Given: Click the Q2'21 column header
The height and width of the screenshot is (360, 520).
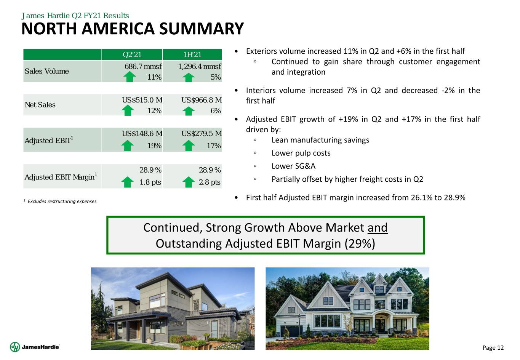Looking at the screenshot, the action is pyautogui.click(x=132, y=54).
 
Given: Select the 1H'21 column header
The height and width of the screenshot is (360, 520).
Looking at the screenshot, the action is pyautogui.click(x=192, y=54).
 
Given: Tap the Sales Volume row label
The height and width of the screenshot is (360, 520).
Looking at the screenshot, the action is pyautogui.click(x=46, y=71).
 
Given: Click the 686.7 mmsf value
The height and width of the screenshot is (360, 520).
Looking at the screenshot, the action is pyautogui.click(x=143, y=66).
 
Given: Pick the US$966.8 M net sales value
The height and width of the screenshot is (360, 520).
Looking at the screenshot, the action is pyautogui.click(x=202, y=100).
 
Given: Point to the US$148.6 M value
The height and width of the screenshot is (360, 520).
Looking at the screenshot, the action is pyautogui.click(x=142, y=133).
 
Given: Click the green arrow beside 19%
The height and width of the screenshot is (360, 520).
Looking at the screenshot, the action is pyautogui.click(x=128, y=146).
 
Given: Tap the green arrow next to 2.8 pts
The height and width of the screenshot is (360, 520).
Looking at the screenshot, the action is pyautogui.click(x=189, y=182).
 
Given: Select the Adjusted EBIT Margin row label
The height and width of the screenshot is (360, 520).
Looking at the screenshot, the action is pyautogui.click(x=61, y=176).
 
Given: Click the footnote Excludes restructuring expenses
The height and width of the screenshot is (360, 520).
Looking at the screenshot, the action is pyautogui.click(x=62, y=201).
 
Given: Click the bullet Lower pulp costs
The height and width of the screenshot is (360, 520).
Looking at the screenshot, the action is pyautogui.click(x=301, y=153).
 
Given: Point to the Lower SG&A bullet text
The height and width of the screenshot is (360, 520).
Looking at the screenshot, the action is pyautogui.click(x=293, y=166).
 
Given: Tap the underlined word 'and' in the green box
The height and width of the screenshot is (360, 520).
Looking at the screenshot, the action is pyautogui.click(x=378, y=227).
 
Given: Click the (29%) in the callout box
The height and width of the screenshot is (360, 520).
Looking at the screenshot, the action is pyautogui.click(x=360, y=244).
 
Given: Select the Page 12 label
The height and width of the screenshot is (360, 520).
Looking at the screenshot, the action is pyautogui.click(x=493, y=347).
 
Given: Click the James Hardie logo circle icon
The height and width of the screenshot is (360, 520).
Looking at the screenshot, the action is pyautogui.click(x=15, y=347).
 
